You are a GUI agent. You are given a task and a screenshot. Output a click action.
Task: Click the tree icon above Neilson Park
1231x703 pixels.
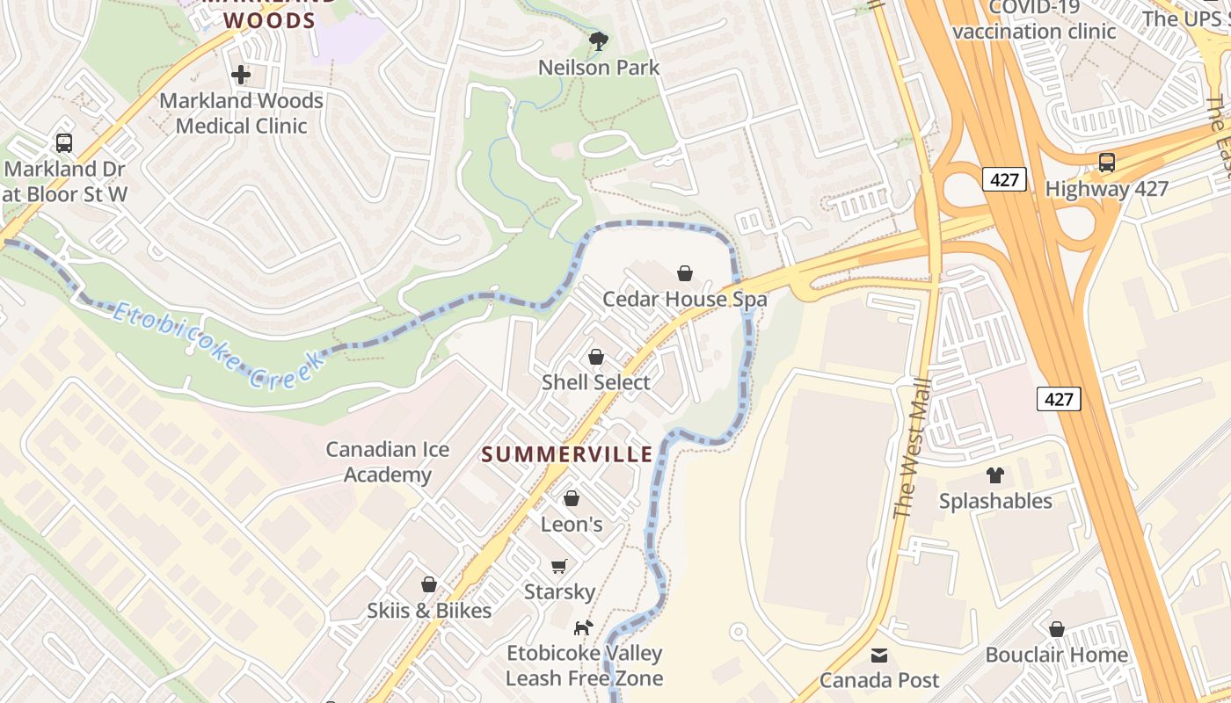(599, 40)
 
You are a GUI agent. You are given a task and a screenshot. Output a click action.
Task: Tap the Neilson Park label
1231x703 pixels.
(599, 68)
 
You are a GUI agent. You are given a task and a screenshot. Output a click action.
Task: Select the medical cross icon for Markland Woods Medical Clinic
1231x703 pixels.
(241, 75)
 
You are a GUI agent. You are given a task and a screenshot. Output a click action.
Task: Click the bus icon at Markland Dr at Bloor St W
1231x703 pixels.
(63, 142)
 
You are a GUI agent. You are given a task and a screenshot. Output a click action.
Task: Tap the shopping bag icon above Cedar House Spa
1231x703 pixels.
(685, 273)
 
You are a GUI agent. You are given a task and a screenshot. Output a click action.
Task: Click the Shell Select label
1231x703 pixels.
(596, 382)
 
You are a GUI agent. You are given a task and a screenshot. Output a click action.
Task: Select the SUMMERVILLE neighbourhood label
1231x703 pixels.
(568, 454)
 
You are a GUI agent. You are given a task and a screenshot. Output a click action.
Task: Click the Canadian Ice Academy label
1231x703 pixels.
(388, 462)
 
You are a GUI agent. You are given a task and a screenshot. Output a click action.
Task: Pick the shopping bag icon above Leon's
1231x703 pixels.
(572, 499)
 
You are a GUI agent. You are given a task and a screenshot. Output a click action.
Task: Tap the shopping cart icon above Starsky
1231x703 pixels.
(559, 566)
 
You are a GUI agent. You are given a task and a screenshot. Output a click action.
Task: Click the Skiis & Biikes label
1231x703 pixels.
(429, 610)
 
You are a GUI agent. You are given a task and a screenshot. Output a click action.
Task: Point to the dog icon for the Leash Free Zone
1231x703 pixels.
(583, 627)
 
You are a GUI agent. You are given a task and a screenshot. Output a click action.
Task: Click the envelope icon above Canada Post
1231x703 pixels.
(879, 655)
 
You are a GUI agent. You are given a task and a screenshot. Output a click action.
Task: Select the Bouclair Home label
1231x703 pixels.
(1056, 655)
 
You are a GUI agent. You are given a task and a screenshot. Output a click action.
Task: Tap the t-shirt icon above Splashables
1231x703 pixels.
(995, 475)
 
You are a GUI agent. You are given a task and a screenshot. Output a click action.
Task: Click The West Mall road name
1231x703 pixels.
(911, 448)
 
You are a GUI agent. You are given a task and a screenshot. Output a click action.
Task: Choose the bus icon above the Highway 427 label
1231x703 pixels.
(1106, 163)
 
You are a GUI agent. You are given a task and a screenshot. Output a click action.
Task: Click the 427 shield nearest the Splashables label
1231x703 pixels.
(1059, 399)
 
